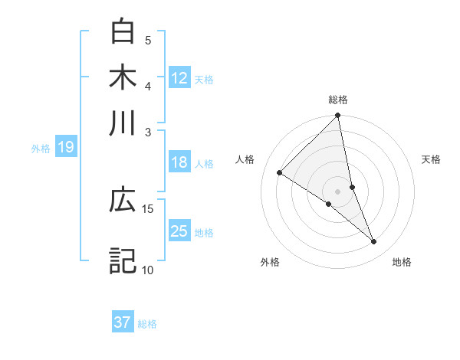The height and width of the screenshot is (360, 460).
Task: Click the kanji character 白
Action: point(123,31)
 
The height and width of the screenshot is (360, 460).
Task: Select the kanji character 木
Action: point(123,77)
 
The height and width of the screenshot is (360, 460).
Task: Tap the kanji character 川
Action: point(123,123)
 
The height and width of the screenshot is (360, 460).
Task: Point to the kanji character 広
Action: point(123,200)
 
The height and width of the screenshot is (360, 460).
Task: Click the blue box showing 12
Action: point(179,77)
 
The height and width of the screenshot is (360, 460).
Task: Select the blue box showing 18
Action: point(179,162)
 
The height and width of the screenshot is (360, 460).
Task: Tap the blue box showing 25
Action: point(179,231)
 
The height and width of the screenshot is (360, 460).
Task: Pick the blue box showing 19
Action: point(66,147)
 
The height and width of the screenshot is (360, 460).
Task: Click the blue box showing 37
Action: point(123,322)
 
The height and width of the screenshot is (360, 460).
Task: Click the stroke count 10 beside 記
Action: point(147,270)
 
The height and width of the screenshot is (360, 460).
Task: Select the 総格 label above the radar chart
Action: point(338,100)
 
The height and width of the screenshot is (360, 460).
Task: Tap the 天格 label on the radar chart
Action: point(431,159)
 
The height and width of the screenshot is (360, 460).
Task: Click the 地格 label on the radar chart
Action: point(402,262)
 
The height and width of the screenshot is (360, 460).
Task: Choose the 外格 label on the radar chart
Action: point(270,262)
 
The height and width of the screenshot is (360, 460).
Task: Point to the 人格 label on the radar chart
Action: point(245,159)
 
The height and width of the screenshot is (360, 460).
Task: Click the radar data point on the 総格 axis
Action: point(338,116)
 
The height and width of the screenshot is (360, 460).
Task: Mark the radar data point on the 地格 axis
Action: point(374,241)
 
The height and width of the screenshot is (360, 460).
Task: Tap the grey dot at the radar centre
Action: point(338,191)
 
